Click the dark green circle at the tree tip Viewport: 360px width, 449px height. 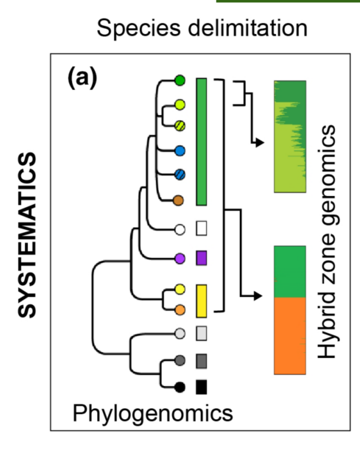(180, 80)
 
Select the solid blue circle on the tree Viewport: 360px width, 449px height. (180, 151)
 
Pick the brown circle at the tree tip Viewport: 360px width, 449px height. (180, 200)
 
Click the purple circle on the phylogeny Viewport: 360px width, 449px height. (180, 258)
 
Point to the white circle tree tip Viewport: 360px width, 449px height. (180, 230)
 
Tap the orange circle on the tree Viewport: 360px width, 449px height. (180, 309)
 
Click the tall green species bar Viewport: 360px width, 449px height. (201, 141)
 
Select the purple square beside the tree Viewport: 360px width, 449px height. (201, 258)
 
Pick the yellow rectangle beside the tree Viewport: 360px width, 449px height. (201, 299)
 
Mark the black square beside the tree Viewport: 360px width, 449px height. (201, 387)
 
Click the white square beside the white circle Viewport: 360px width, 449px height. (201, 229)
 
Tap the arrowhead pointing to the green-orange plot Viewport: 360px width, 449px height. (257, 296)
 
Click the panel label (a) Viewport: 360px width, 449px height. (83, 77)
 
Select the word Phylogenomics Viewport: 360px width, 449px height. (152, 412)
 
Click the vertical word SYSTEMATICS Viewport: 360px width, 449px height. (28, 234)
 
